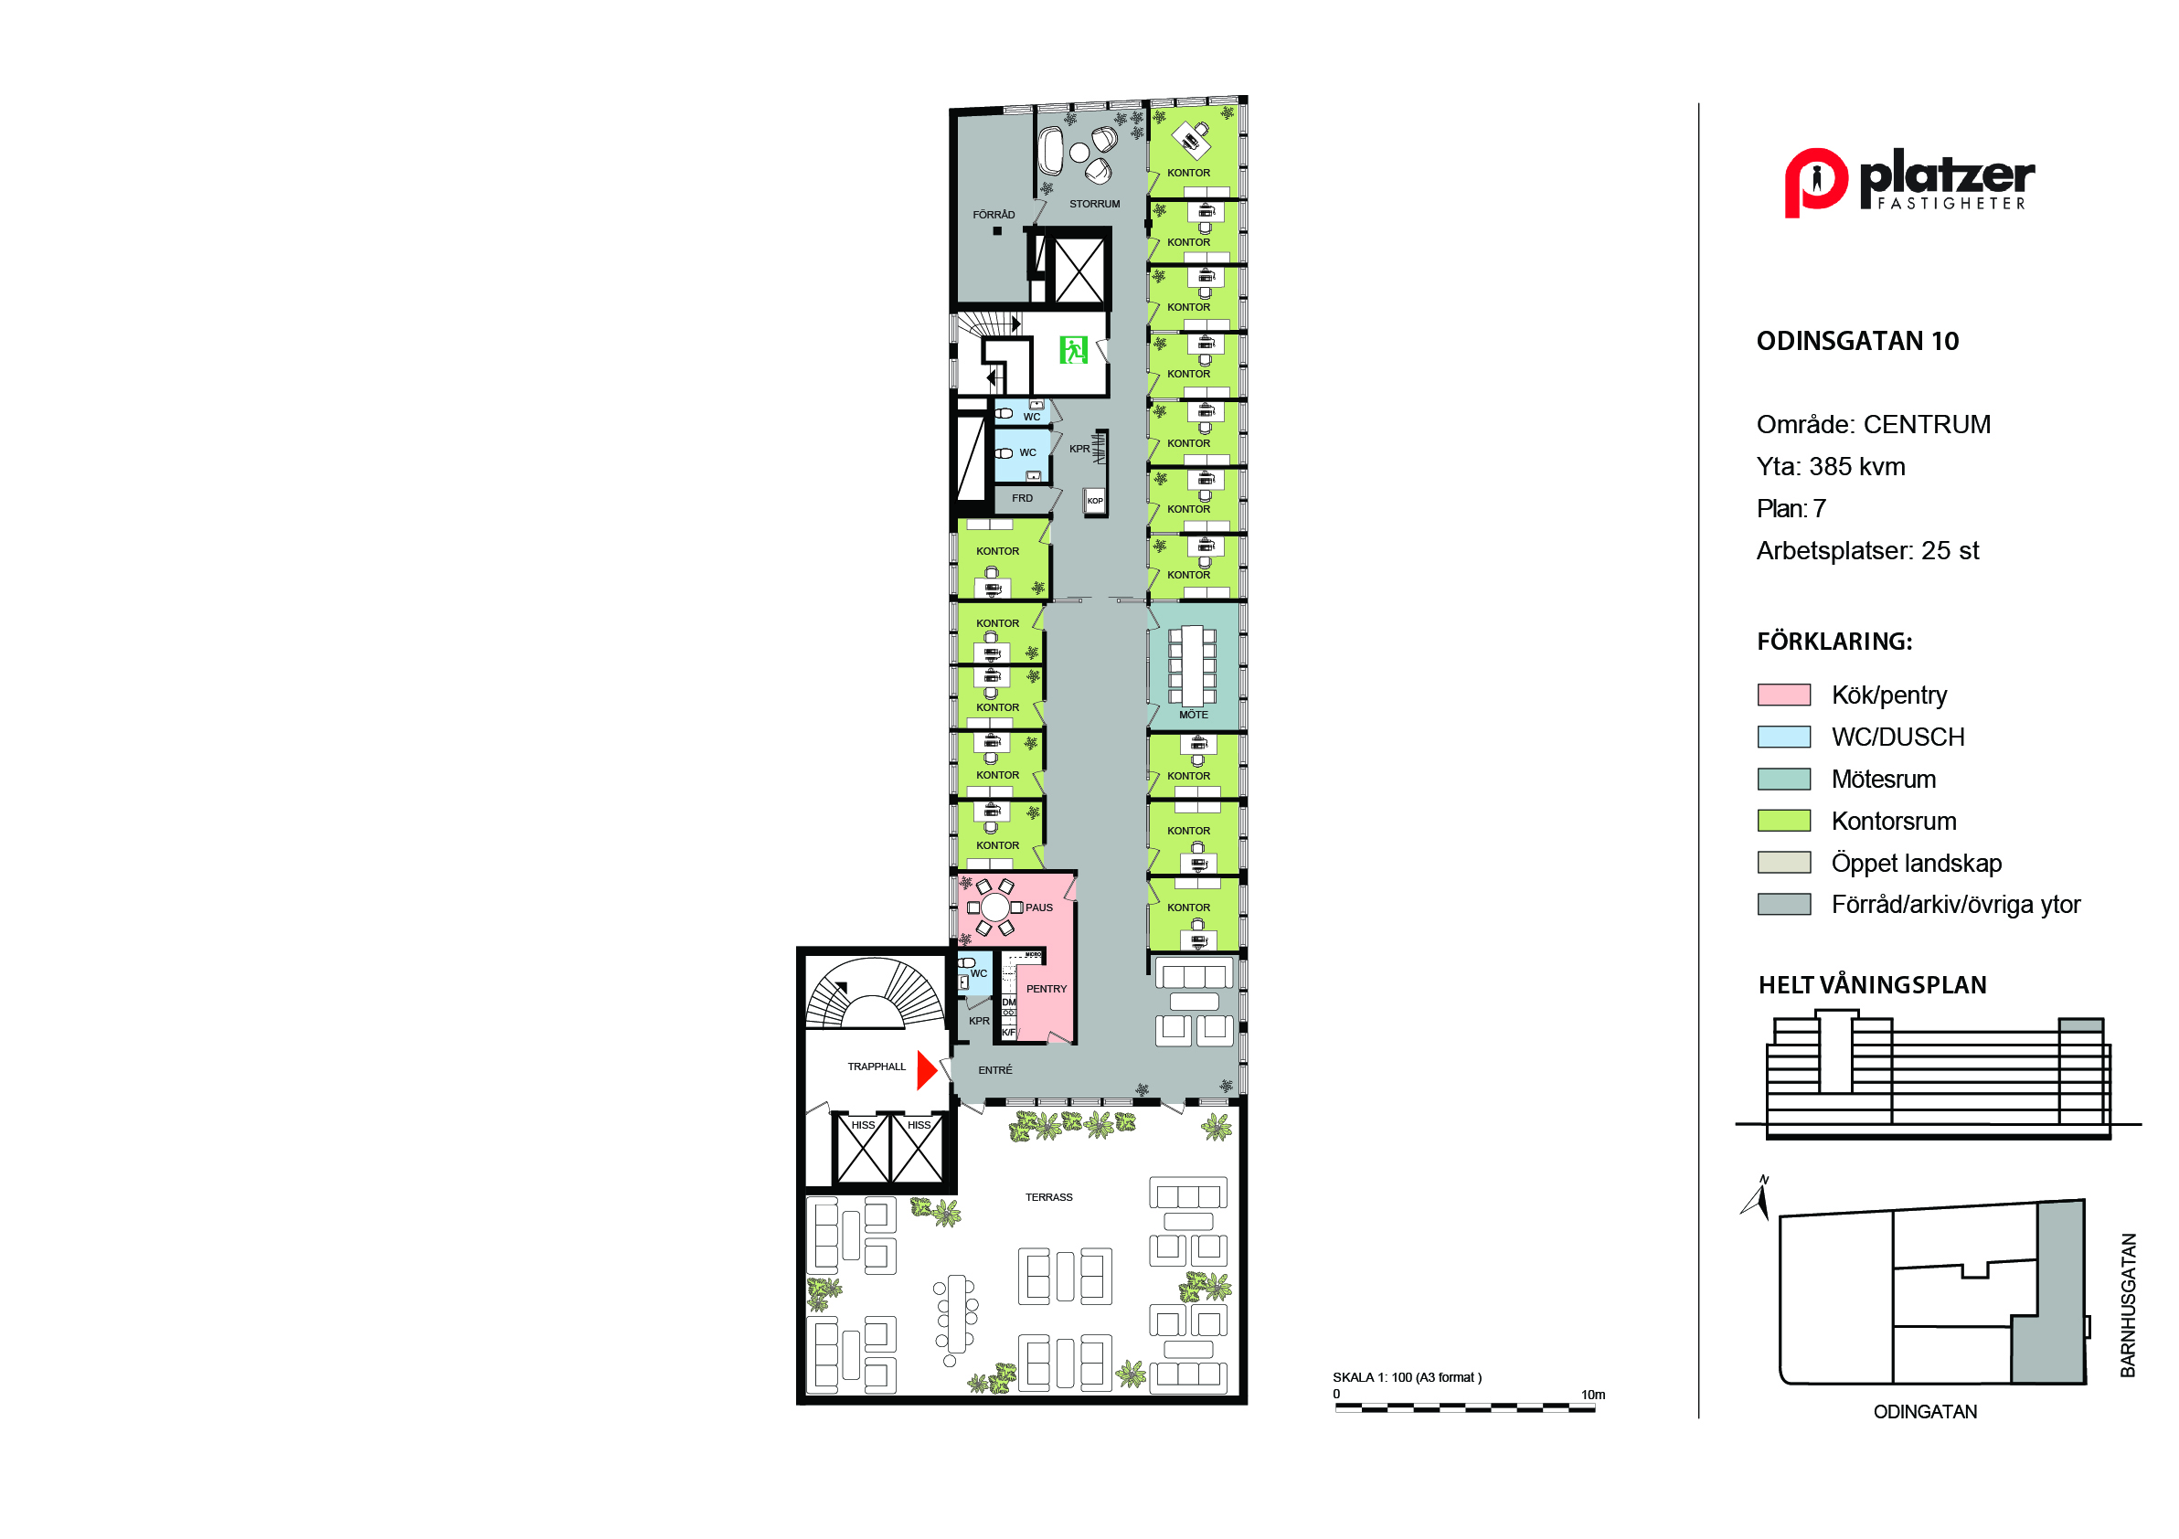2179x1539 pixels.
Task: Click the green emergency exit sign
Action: click(1073, 350)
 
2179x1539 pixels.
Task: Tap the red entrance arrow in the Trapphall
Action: click(927, 1070)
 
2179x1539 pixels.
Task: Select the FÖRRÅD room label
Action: click(994, 215)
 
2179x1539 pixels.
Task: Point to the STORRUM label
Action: click(1094, 204)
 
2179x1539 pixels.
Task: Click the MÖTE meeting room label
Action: click(1194, 715)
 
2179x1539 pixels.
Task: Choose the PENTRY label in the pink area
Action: click(1047, 989)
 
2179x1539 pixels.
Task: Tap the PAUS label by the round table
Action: click(1039, 907)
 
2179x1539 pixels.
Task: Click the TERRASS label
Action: click(1048, 1197)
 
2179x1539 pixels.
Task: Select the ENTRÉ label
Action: click(995, 1070)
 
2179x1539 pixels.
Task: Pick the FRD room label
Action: click(1022, 498)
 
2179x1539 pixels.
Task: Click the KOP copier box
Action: click(1095, 501)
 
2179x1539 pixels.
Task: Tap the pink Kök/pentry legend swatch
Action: click(1784, 695)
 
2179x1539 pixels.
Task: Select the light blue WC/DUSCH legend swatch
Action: click(1784, 737)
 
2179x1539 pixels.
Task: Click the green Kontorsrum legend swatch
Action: click(1784, 821)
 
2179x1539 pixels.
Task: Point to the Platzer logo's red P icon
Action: click(1814, 182)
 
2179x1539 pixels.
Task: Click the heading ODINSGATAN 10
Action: click(1857, 342)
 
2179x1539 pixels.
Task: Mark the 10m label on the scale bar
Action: click(1592, 1395)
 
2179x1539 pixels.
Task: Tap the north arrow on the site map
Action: click(1758, 1197)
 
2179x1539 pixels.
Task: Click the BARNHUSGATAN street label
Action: click(2128, 1305)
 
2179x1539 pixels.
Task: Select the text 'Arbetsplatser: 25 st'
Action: click(1867, 551)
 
